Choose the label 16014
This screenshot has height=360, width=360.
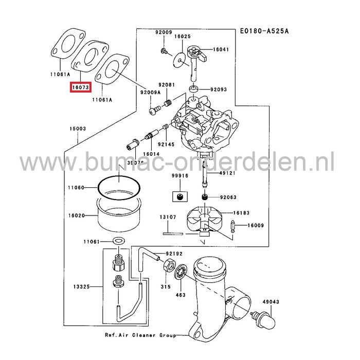(x=151, y=154)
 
